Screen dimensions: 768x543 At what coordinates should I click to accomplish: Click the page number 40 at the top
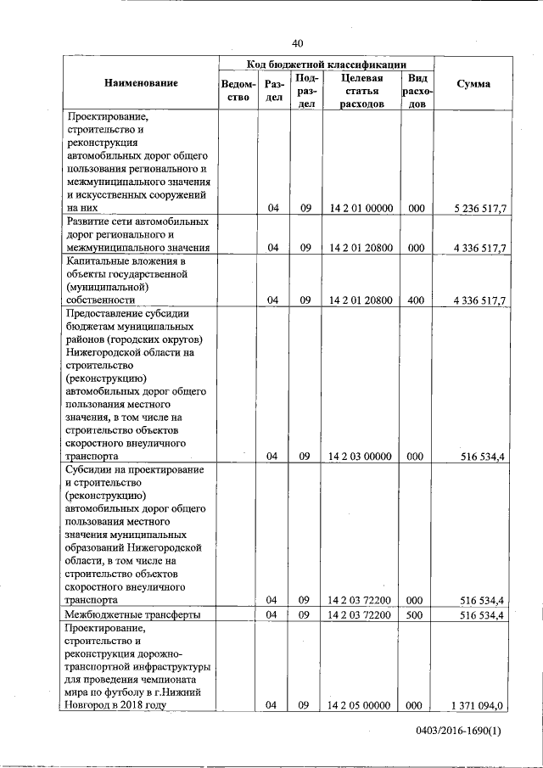coord(297,43)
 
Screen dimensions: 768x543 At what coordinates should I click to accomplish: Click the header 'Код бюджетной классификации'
coord(327,64)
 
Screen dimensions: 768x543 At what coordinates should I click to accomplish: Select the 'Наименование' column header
coord(142,83)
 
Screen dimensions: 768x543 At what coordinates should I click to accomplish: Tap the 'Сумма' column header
coord(473,83)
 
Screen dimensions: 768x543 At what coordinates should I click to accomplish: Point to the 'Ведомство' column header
coord(238,90)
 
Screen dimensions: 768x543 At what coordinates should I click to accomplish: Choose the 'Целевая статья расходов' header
coord(362,90)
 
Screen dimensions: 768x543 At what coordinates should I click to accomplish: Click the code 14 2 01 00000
coord(360,207)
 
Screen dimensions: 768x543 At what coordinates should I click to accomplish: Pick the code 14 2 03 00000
coord(360,457)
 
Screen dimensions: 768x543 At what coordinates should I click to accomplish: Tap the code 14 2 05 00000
coord(360,705)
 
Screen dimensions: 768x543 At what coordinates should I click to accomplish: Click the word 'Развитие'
coord(90,221)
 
